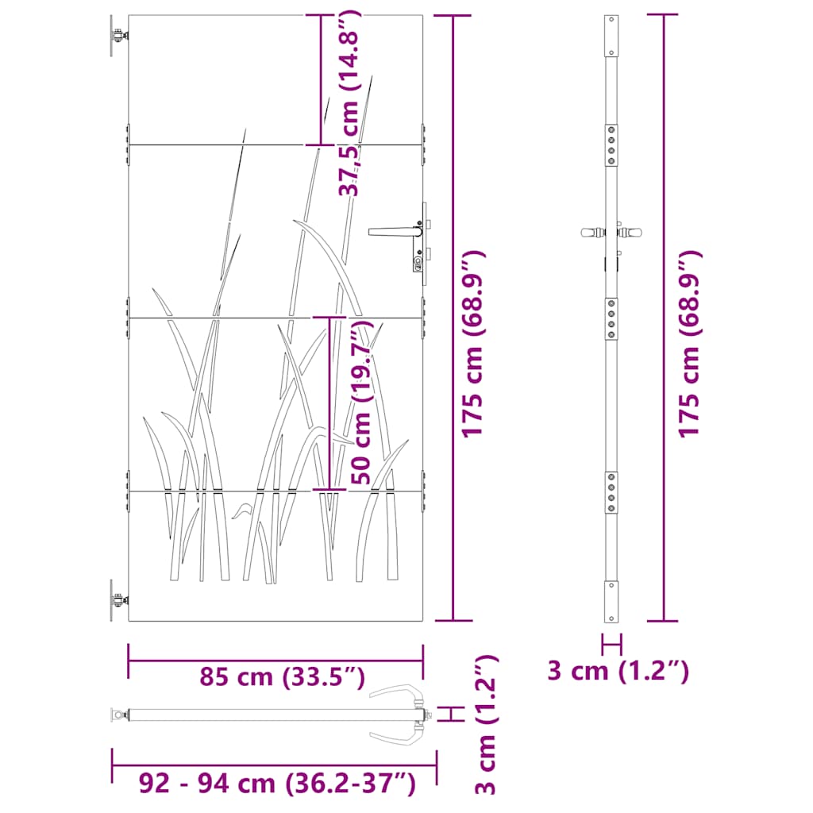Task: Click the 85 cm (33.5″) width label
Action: (x=283, y=677)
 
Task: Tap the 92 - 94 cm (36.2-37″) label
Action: (x=277, y=783)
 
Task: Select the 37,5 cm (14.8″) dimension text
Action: (x=349, y=102)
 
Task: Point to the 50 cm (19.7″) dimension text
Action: (x=362, y=403)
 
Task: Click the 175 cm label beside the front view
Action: (x=473, y=344)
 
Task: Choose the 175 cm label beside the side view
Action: (x=690, y=344)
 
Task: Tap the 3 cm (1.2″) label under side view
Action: (x=618, y=671)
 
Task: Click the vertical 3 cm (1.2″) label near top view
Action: (x=487, y=724)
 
